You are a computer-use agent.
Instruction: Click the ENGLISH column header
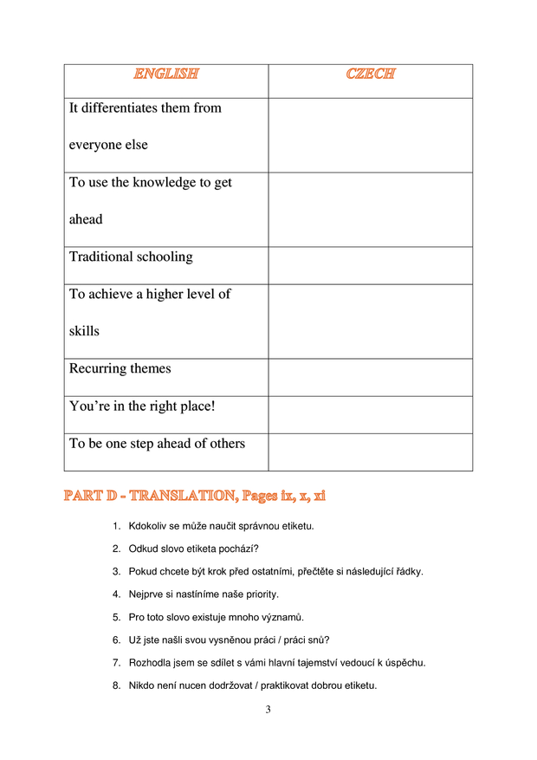(x=165, y=75)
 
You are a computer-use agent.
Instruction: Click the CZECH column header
(x=370, y=75)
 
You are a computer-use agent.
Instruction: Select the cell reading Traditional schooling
(x=131, y=257)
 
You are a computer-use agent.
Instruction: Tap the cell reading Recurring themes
(x=120, y=369)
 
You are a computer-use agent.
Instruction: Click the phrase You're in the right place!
(x=142, y=406)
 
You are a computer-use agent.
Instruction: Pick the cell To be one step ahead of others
(x=157, y=444)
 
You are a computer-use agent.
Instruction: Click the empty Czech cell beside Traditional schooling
(x=370, y=265)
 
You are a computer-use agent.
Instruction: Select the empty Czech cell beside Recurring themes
(x=370, y=377)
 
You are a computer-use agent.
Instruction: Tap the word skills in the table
(x=84, y=332)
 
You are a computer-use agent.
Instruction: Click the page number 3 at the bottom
(x=268, y=711)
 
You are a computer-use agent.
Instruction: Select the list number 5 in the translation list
(x=115, y=618)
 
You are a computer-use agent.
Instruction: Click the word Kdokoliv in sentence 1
(x=148, y=526)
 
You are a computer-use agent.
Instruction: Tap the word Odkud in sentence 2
(x=143, y=549)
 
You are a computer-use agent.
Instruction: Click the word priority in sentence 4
(x=260, y=594)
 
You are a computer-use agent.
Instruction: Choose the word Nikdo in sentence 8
(x=141, y=686)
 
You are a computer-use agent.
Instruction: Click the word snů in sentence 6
(x=319, y=640)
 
